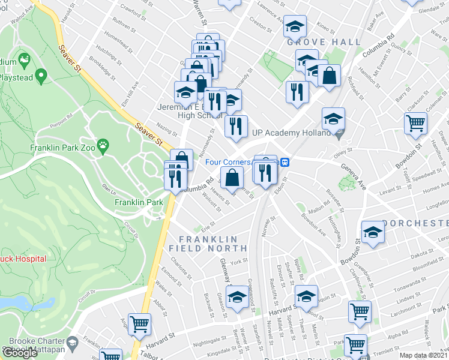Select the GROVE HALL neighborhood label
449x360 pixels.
[324, 43]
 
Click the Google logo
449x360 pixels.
[20, 353]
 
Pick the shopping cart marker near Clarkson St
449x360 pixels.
[415, 124]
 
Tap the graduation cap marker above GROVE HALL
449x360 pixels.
[295, 27]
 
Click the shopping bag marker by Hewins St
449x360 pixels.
[232, 178]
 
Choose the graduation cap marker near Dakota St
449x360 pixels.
[373, 233]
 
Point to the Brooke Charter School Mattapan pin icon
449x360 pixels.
[73, 342]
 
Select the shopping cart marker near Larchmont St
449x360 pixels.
[359, 312]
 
